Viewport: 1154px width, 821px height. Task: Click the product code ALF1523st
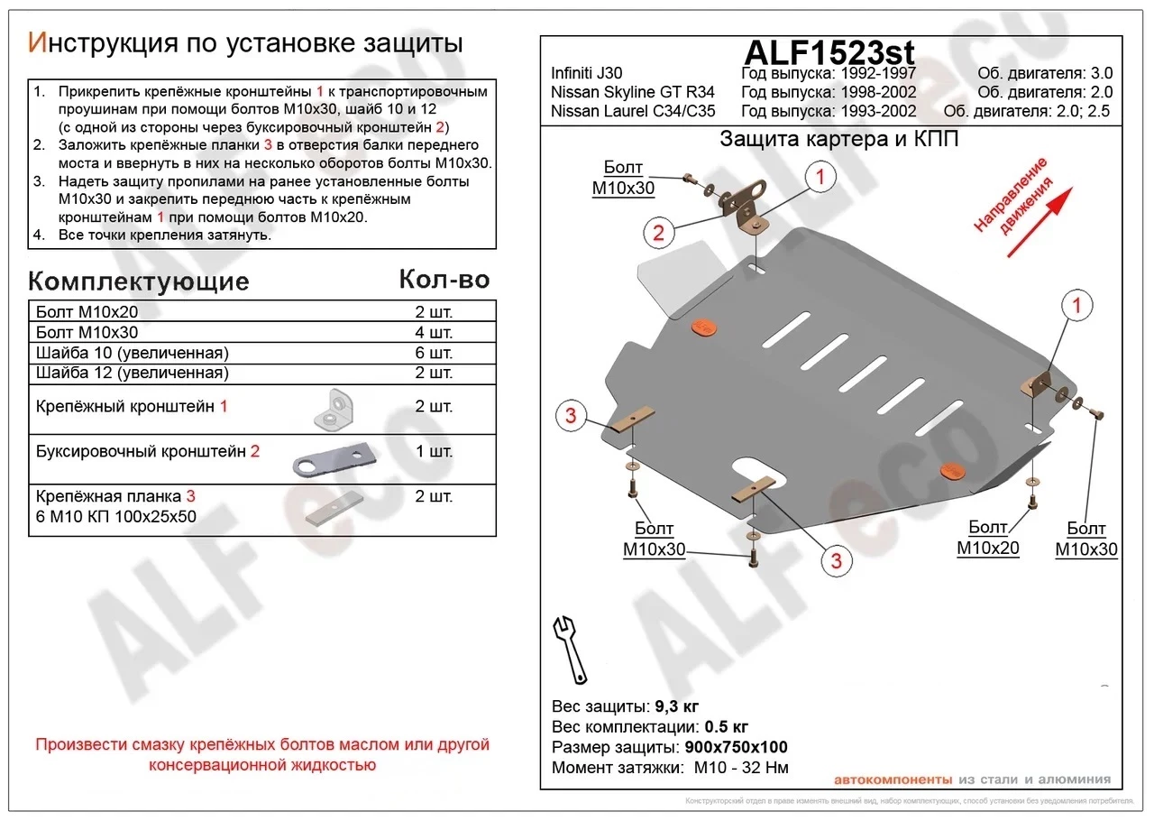point(829,51)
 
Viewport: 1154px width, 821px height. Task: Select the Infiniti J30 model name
point(586,74)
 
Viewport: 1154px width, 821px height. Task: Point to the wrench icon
point(568,647)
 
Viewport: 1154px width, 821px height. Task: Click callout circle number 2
point(659,234)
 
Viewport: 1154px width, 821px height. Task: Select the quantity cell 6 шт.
point(434,353)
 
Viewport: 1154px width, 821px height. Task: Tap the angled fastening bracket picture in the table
point(336,408)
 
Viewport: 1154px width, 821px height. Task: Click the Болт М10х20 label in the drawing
point(987,537)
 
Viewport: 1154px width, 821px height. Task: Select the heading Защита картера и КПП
point(838,140)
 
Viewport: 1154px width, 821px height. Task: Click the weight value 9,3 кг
point(675,706)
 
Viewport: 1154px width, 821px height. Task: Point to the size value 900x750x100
point(736,748)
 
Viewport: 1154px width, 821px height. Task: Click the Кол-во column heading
point(444,280)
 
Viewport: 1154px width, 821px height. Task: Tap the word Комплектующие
point(139,281)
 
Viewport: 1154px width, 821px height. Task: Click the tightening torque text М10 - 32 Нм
point(741,769)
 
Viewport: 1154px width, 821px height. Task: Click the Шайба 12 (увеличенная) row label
point(132,373)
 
